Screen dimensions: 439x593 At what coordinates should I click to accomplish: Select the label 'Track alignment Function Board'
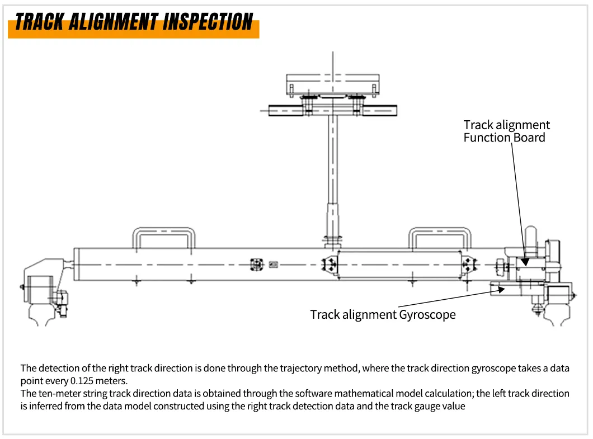tap(506, 131)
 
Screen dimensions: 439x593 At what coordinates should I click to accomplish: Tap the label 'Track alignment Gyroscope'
tap(383, 315)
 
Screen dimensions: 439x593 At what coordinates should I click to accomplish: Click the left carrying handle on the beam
tap(163, 237)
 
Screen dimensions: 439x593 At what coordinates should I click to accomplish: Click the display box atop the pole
tap(333, 84)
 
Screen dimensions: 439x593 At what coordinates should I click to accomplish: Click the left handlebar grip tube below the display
tap(286, 111)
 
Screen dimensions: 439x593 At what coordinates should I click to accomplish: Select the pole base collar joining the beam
tap(333, 240)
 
